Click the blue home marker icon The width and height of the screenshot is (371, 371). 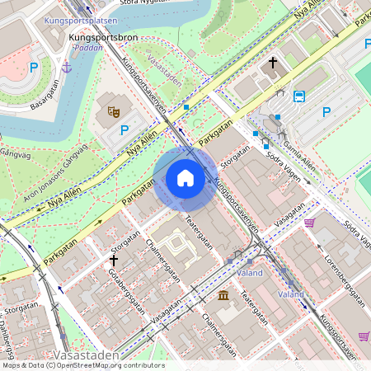coord(185,178)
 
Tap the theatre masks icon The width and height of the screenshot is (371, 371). coord(114,107)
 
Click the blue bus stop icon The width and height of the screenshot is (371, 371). coord(299,96)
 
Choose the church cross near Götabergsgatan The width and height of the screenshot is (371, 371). coord(114,260)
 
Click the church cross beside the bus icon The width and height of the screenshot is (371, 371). coord(273,63)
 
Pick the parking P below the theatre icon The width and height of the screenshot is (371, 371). coord(124,129)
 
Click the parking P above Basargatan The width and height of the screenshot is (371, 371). coord(34,68)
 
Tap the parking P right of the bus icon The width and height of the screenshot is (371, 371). coord(326,112)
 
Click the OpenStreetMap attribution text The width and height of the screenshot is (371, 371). coord(82,365)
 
